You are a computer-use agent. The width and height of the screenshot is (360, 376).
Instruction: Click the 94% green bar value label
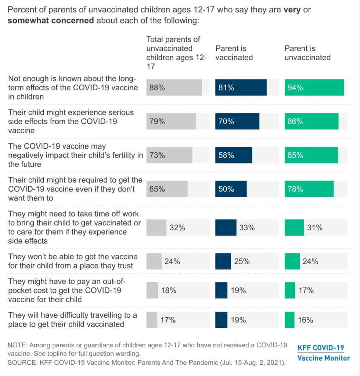295,87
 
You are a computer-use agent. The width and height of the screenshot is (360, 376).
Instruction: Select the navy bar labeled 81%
241,87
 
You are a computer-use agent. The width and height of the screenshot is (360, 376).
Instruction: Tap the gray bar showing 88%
174,87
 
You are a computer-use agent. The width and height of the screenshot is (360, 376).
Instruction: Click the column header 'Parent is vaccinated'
234,53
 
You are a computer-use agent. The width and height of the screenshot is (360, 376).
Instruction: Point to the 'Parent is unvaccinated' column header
307,53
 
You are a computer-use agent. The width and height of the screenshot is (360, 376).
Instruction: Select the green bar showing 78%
309,189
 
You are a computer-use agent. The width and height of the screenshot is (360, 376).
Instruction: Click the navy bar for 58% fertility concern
234,155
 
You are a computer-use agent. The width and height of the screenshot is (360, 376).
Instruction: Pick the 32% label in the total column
177,228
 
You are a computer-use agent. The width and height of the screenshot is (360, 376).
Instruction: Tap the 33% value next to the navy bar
247,228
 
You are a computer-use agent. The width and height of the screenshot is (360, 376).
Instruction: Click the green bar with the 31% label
294,228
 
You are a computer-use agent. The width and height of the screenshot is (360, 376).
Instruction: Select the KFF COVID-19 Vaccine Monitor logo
324,353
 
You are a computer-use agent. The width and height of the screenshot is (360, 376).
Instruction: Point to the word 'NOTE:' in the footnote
17,345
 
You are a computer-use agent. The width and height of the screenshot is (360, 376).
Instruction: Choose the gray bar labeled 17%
152,320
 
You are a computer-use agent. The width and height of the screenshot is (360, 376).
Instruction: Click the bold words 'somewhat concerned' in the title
51,21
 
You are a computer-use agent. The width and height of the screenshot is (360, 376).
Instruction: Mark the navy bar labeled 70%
237,121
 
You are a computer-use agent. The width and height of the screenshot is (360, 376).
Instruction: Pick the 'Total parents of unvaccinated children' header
176,53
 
